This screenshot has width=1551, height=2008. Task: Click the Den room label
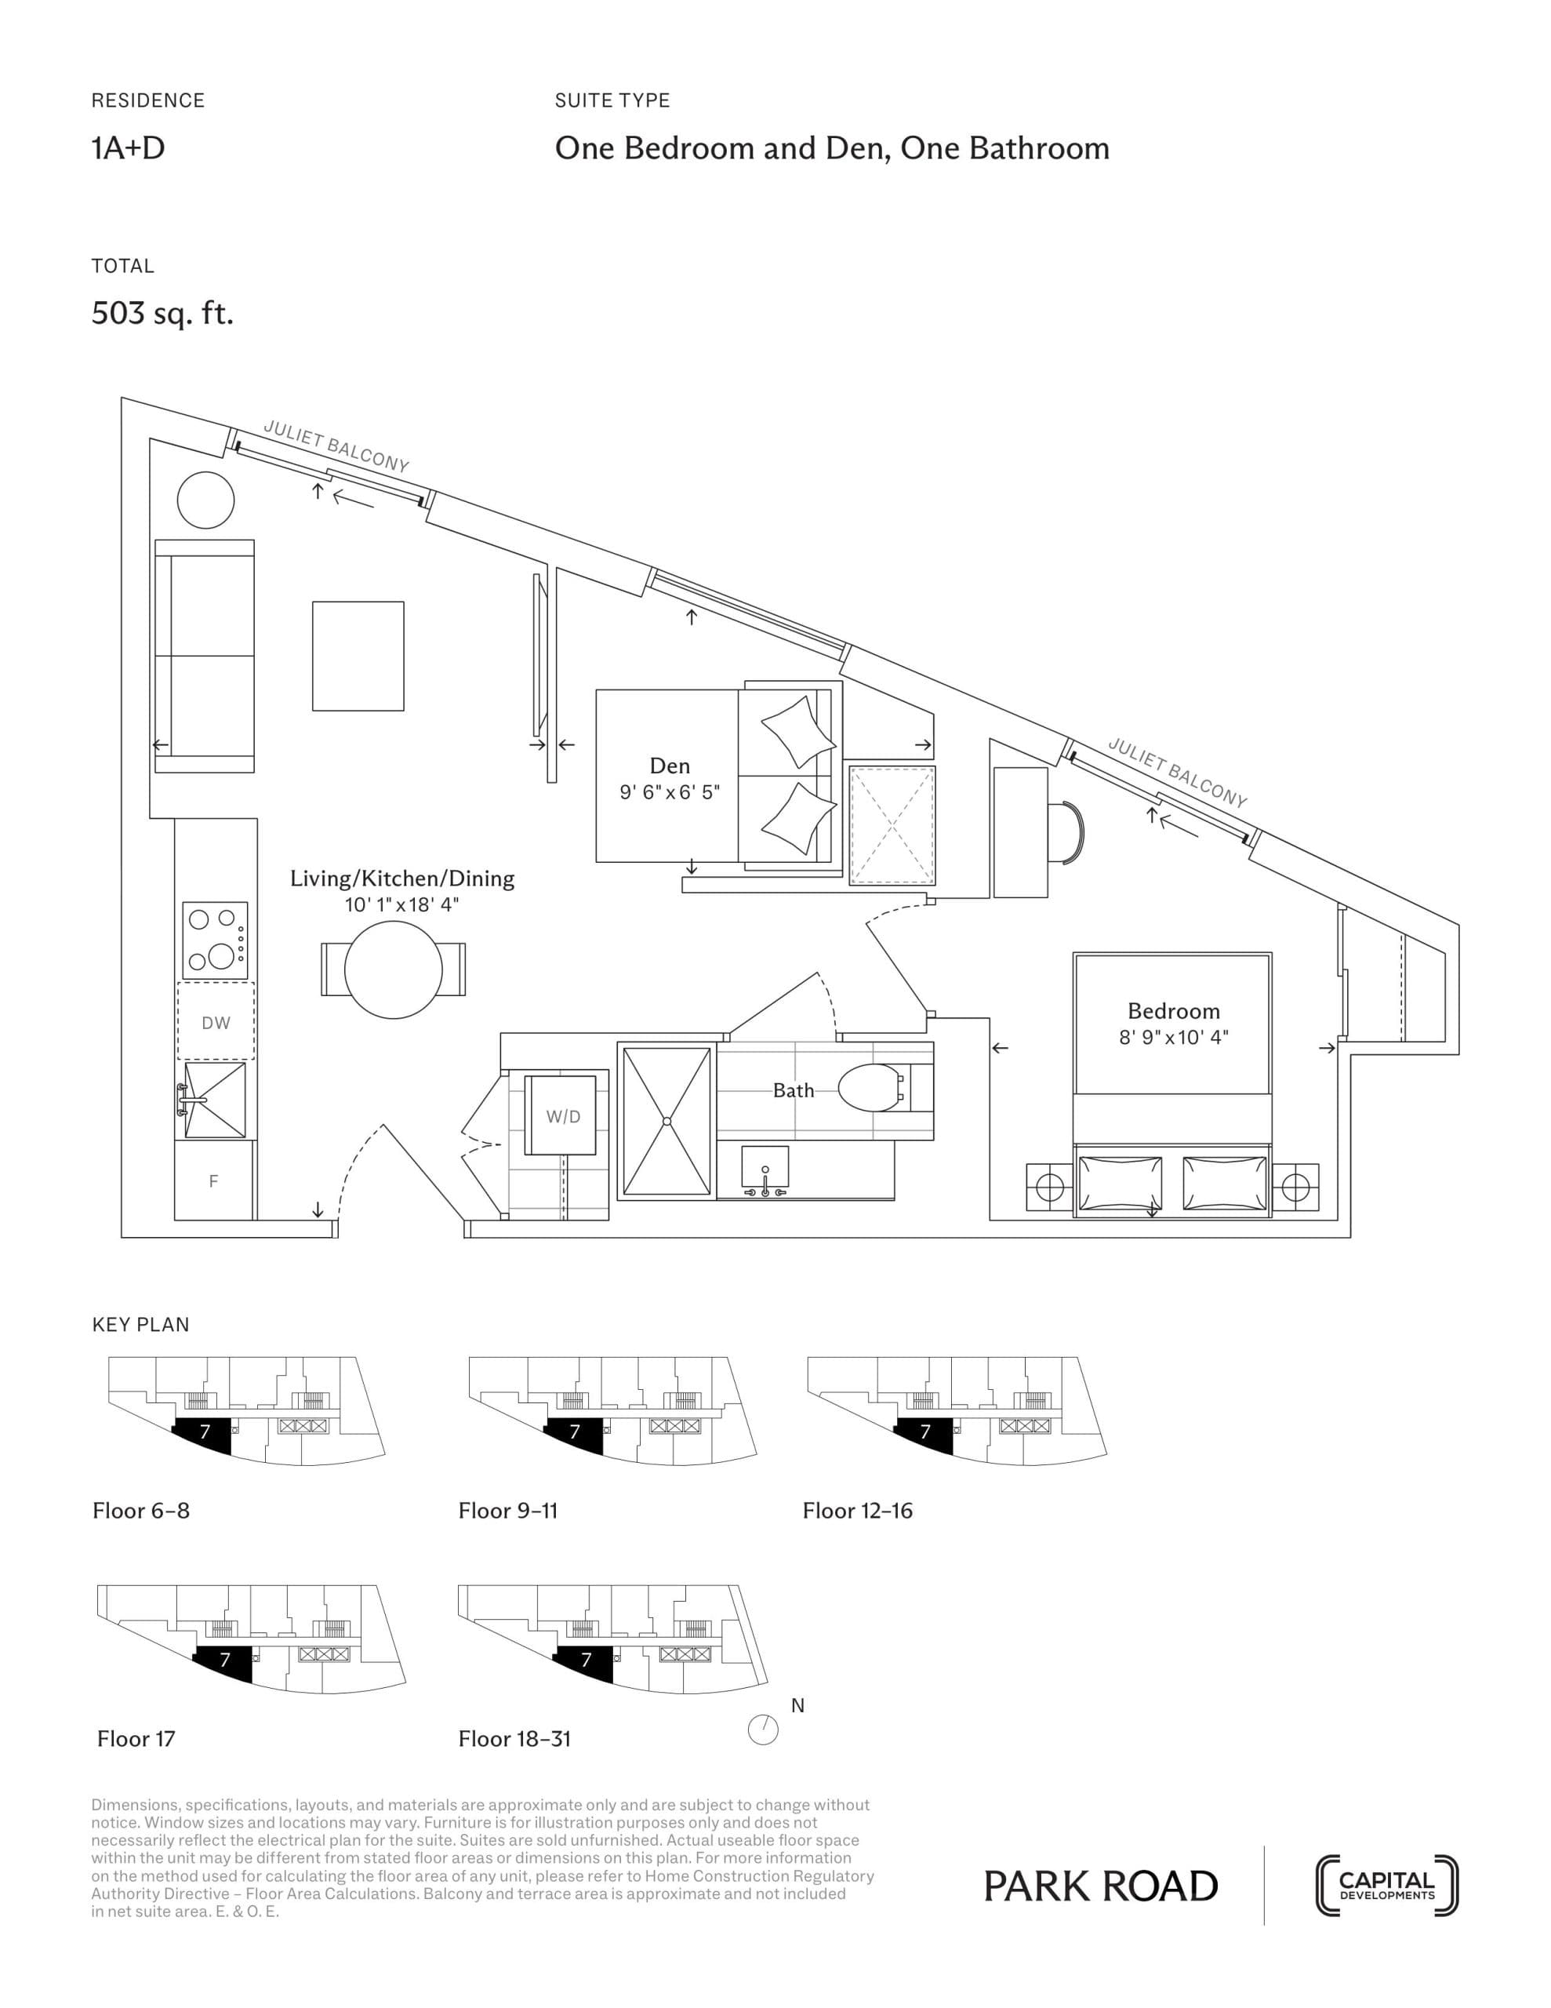(x=670, y=766)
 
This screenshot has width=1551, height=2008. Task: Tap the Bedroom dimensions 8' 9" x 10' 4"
(x=1173, y=1037)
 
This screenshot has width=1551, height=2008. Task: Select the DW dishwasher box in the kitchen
(x=215, y=1021)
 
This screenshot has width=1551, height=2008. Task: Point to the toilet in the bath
(x=870, y=1089)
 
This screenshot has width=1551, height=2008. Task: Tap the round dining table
(x=393, y=969)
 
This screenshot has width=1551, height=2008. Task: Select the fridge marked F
(x=213, y=1181)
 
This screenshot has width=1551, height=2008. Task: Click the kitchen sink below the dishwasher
(x=215, y=1100)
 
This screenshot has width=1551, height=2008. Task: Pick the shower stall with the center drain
(x=667, y=1121)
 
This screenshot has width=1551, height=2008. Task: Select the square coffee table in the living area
(x=358, y=656)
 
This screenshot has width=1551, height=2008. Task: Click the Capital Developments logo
(x=1386, y=1885)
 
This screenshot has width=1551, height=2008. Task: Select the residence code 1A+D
(x=128, y=148)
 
